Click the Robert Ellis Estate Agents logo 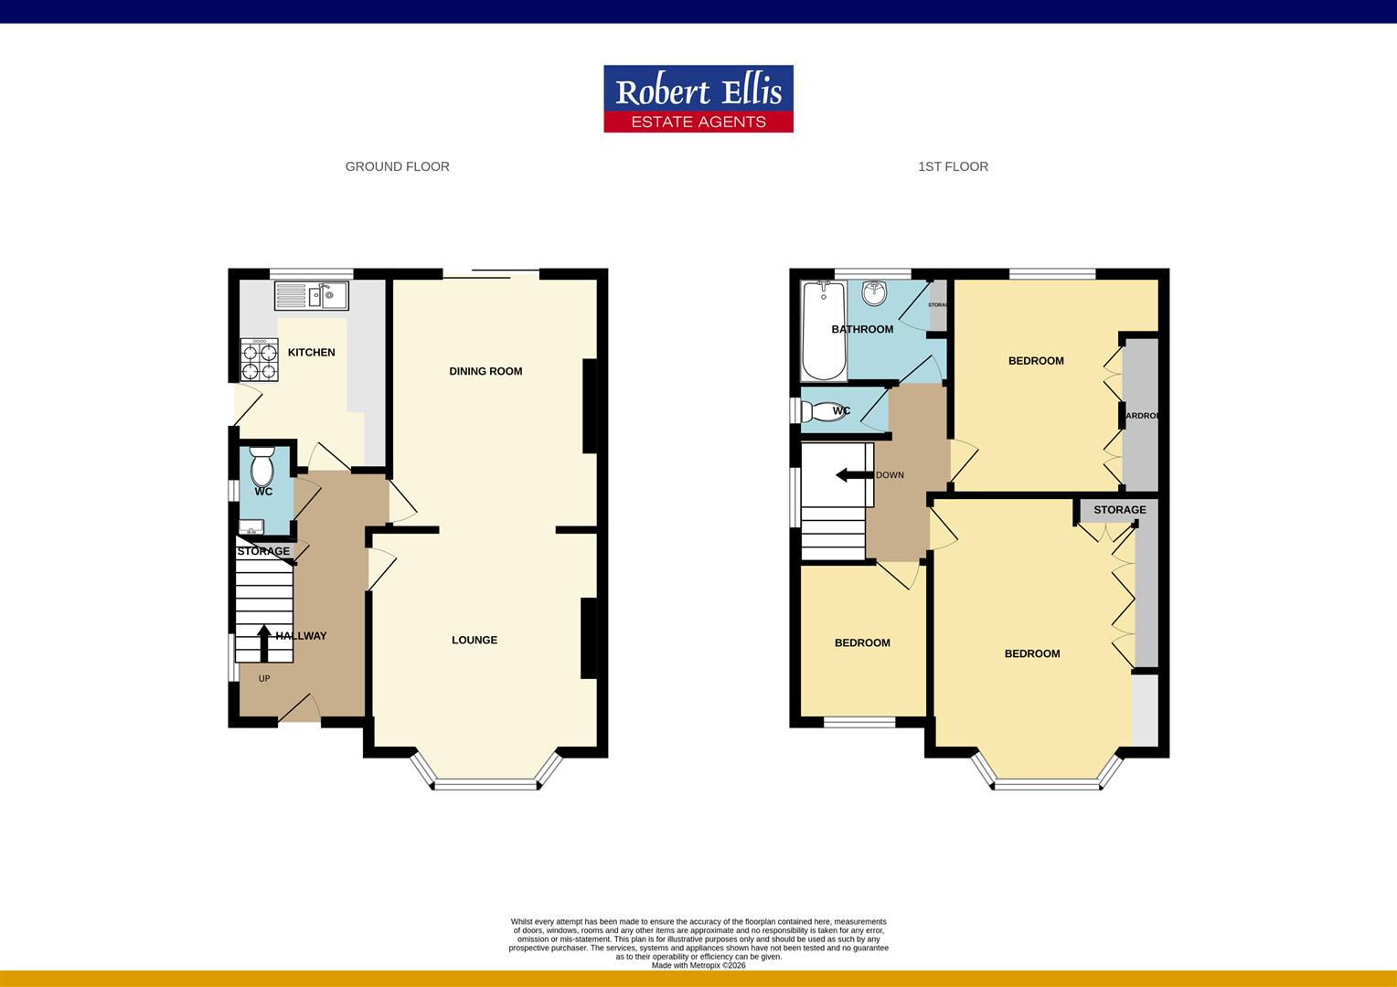pos(698,99)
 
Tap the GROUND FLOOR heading pos(397,166)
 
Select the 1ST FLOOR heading pos(953,166)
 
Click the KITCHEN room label pos(311,352)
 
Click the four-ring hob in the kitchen pos(259,359)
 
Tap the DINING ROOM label pos(485,371)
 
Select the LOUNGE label pos(474,640)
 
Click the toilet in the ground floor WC pos(262,467)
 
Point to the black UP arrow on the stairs pos(264,642)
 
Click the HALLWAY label pos(301,636)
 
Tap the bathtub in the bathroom pos(823,331)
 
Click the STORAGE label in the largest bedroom pos(1119,510)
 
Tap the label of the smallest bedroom pos(861,642)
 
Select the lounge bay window pos(485,782)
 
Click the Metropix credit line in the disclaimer pos(698,965)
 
